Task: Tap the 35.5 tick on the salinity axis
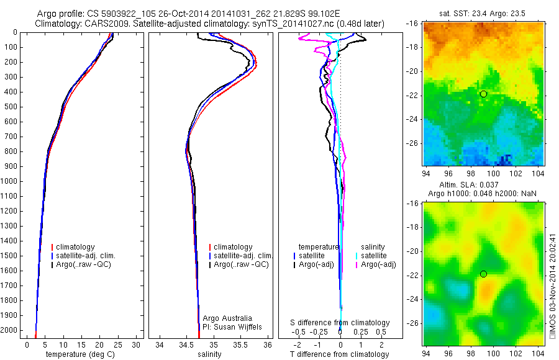pos(240,344)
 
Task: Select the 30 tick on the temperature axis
pos(136,344)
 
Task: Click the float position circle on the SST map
pos(483,94)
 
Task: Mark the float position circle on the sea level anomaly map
pos(483,274)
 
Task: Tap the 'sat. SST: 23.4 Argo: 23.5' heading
pos(484,11)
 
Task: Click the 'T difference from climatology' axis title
pos(340,354)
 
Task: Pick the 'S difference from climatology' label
pos(340,323)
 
